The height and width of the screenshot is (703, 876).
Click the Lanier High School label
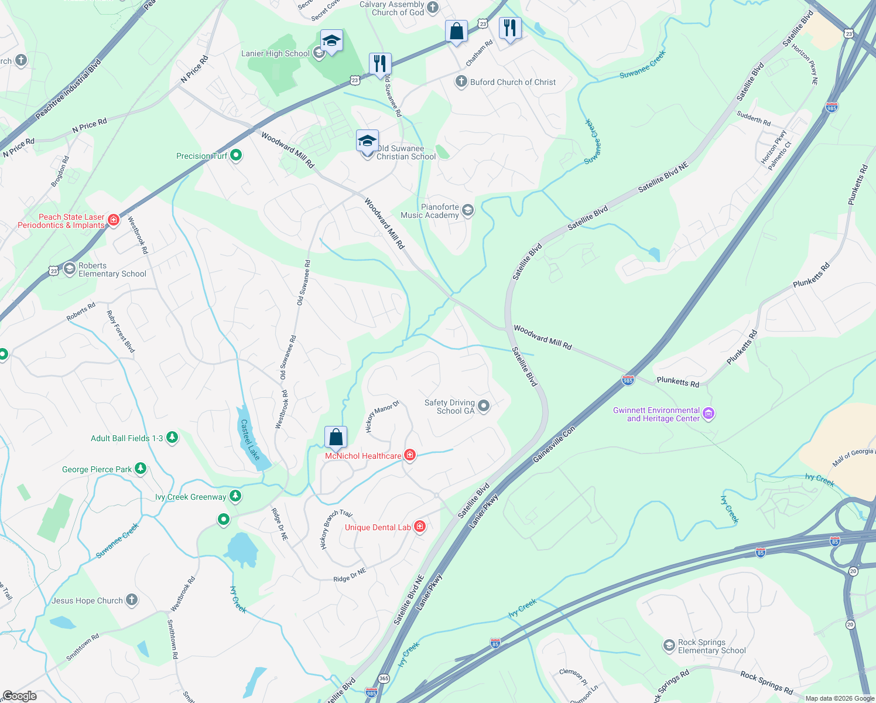275,53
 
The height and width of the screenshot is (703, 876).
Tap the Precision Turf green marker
236,155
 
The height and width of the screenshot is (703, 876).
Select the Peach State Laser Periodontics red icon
114,220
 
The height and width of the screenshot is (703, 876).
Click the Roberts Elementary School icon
70,269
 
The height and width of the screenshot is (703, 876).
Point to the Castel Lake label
250,439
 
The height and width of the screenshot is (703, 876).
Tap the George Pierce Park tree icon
140,469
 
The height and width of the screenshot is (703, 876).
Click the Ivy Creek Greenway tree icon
235,496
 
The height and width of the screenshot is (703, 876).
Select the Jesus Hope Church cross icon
132,599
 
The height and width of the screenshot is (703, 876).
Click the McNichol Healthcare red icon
410,455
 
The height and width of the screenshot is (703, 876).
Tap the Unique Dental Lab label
378,527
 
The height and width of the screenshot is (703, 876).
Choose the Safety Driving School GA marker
484,405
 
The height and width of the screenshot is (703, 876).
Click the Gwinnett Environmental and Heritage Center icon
709,414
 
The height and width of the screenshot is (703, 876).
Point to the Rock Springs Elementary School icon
669,646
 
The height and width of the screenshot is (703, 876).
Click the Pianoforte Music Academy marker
467,210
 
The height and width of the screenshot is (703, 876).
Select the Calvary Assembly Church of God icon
433,8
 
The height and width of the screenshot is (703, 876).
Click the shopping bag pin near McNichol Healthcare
336,438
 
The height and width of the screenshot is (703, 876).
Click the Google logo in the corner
19,696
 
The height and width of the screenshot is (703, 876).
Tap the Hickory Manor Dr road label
382,416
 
